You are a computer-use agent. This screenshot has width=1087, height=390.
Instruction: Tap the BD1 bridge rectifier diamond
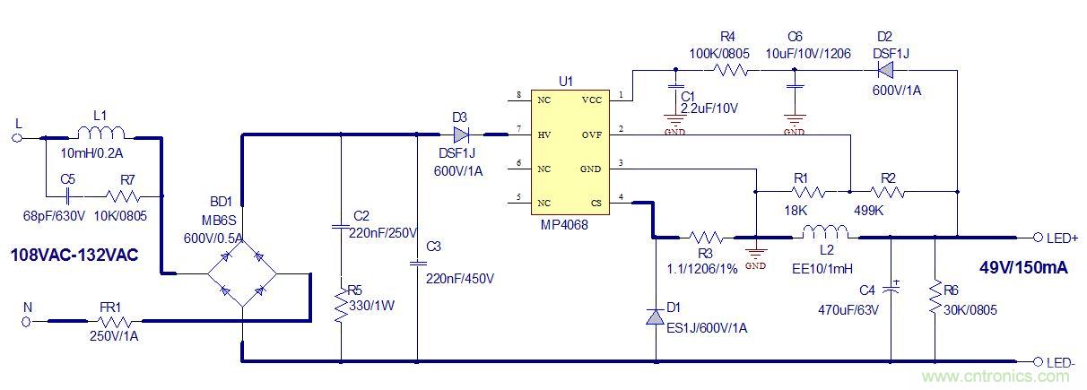tap(242, 268)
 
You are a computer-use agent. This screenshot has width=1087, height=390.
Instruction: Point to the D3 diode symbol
tap(461, 135)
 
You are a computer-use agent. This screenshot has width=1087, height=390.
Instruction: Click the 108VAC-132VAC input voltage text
tap(74, 256)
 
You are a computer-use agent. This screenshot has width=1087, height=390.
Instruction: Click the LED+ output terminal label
tap(1063, 238)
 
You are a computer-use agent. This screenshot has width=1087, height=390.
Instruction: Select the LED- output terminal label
tap(1063, 362)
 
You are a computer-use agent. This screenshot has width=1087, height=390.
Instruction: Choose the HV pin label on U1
tap(544, 134)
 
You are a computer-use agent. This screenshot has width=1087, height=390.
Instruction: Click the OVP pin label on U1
tap(593, 134)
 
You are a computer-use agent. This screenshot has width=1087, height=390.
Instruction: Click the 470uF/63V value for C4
tap(849, 310)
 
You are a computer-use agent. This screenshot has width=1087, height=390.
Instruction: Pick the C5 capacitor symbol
tap(68, 194)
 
